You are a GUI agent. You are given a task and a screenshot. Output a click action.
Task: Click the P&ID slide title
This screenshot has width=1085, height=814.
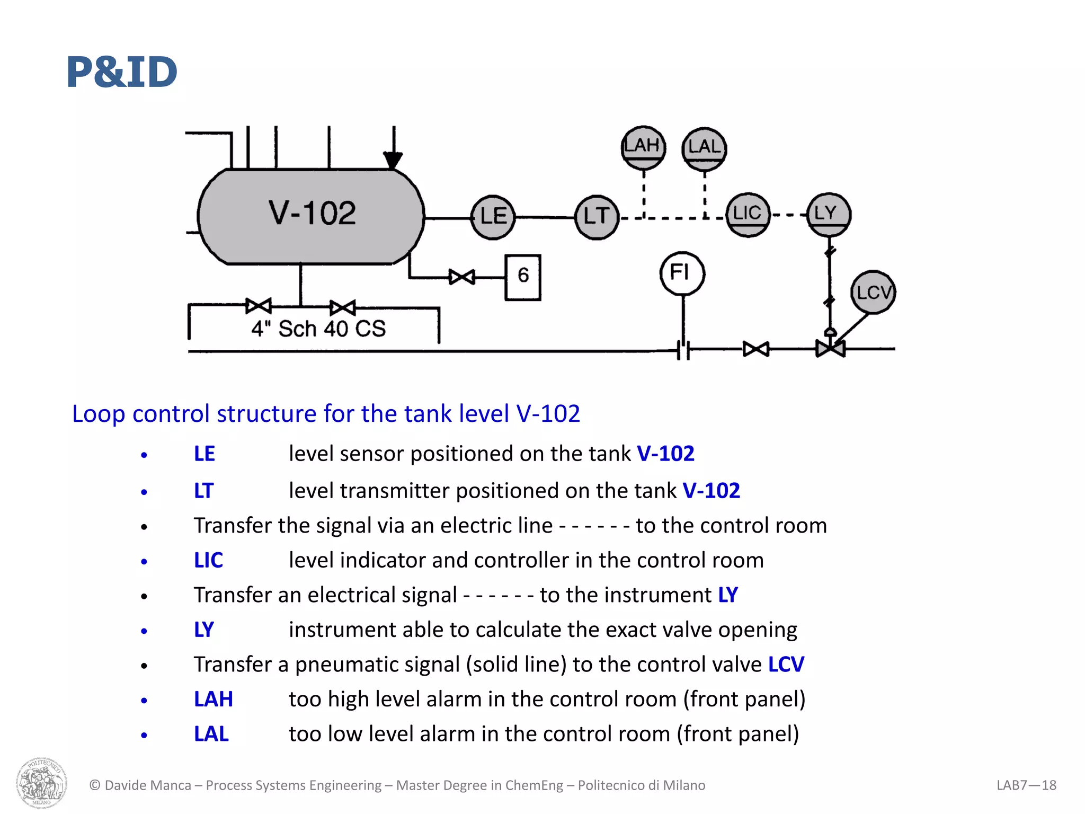(x=122, y=72)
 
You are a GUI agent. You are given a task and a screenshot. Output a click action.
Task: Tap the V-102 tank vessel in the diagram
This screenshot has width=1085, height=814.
(x=311, y=216)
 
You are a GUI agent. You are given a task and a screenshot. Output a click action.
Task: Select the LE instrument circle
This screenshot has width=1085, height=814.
(x=493, y=217)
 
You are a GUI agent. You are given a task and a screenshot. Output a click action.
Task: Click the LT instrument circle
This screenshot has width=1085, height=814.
(x=597, y=217)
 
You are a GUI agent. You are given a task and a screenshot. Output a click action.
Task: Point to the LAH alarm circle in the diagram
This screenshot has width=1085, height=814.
(x=643, y=147)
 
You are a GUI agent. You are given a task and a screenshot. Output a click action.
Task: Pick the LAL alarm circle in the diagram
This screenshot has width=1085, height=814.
(x=704, y=149)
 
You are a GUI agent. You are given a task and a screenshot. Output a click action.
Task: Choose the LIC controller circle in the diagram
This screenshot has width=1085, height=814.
(x=748, y=214)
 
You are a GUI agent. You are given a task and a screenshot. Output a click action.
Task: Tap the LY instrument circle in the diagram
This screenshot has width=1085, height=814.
(x=829, y=214)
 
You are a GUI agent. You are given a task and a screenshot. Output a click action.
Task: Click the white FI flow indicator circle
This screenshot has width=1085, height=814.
(x=682, y=273)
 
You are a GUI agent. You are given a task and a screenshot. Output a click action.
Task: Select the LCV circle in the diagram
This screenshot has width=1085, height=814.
(x=873, y=292)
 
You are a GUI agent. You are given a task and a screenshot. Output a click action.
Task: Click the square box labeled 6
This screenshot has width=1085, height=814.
(x=523, y=277)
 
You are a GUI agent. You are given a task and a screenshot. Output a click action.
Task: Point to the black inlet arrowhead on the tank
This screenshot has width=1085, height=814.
(x=393, y=160)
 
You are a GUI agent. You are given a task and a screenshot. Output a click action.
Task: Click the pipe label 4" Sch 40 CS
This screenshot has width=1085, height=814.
(x=318, y=329)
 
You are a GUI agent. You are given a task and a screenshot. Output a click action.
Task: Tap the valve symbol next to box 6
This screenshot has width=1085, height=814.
(x=461, y=277)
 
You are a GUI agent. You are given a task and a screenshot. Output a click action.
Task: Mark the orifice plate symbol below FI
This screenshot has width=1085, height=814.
(x=683, y=350)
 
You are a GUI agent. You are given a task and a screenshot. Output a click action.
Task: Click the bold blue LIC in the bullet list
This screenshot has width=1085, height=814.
(x=208, y=560)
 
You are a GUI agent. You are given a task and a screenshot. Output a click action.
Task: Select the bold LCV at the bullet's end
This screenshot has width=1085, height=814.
(x=786, y=665)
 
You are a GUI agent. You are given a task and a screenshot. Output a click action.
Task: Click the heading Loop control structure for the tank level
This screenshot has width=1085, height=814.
(x=326, y=413)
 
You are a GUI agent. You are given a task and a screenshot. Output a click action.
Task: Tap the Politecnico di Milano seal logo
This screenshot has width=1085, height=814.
(x=41, y=782)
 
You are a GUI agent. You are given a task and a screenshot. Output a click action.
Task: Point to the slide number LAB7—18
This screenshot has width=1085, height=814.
(x=1026, y=785)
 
